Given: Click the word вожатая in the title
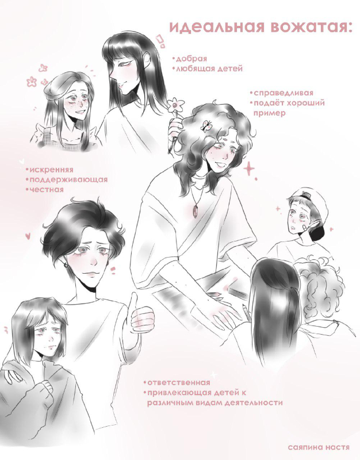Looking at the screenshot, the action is pyautogui.click(x=311, y=27).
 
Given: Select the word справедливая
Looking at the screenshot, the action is pyautogui.click(x=283, y=93).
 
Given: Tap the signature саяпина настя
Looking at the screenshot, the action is pyautogui.click(x=319, y=447).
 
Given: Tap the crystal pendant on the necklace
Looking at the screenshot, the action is pyautogui.click(x=194, y=212).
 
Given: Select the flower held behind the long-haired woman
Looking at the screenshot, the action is pyautogui.click(x=176, y=105).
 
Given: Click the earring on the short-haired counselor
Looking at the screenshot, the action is pyautogui.click(x=66, y=265).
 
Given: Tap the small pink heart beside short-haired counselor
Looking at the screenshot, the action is pyautogui.click(x=28, y=235).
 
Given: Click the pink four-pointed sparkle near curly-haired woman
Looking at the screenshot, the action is pyautogui.click(x=249, y=169).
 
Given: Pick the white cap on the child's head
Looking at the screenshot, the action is pyautogui.click(x=312, y=202).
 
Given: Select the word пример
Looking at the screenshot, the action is pyautogui.click(x=269, y=113).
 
